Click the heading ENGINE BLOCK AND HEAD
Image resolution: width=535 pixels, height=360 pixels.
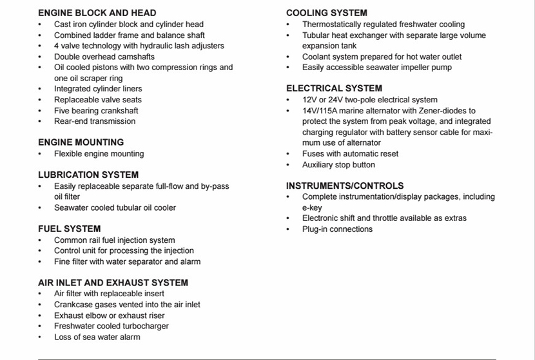tap(97, 13)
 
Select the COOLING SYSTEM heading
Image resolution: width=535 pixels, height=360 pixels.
tap(327, 13)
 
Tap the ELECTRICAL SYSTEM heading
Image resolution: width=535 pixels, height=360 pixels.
tap(334, 88)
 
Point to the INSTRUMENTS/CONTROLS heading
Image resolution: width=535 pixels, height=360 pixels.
tap(345, 185)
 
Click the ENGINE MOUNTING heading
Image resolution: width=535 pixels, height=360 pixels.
tap(81, 142)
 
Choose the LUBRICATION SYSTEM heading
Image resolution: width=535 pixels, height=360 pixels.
tap(88, 175)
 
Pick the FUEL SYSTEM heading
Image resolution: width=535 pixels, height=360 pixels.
tap(69, 229)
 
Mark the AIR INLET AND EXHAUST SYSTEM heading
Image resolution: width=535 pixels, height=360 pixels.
tap(113, 283)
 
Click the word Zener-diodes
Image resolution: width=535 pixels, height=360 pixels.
tap(448, 111)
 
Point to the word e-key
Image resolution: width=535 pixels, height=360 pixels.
tap(312, 208)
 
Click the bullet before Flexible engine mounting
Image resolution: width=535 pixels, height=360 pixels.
tap(40, 154)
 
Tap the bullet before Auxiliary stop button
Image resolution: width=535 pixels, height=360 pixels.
tap(288, 165)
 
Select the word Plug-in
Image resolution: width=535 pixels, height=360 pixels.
tap(316, 229)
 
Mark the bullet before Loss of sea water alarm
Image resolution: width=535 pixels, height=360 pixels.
tap(40, 337)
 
